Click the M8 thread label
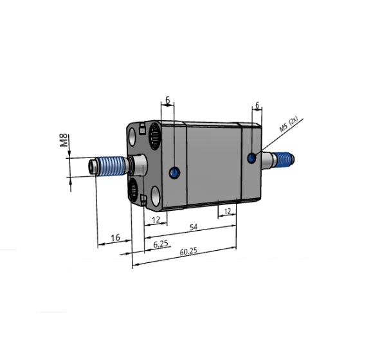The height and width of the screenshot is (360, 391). tap(64, 141)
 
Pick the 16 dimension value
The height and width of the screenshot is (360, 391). tap(115, 238)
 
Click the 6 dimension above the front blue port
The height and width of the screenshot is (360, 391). tap(168, 100)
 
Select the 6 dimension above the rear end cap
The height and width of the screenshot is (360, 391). tap(257, 105)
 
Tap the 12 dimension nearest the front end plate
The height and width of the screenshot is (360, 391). tap(155, 220)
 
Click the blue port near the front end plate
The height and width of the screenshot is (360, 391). tap(173, 172)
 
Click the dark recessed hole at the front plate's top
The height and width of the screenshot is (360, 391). tap(155, 136)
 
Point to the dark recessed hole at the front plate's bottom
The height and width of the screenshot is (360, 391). tap(133, 189)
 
